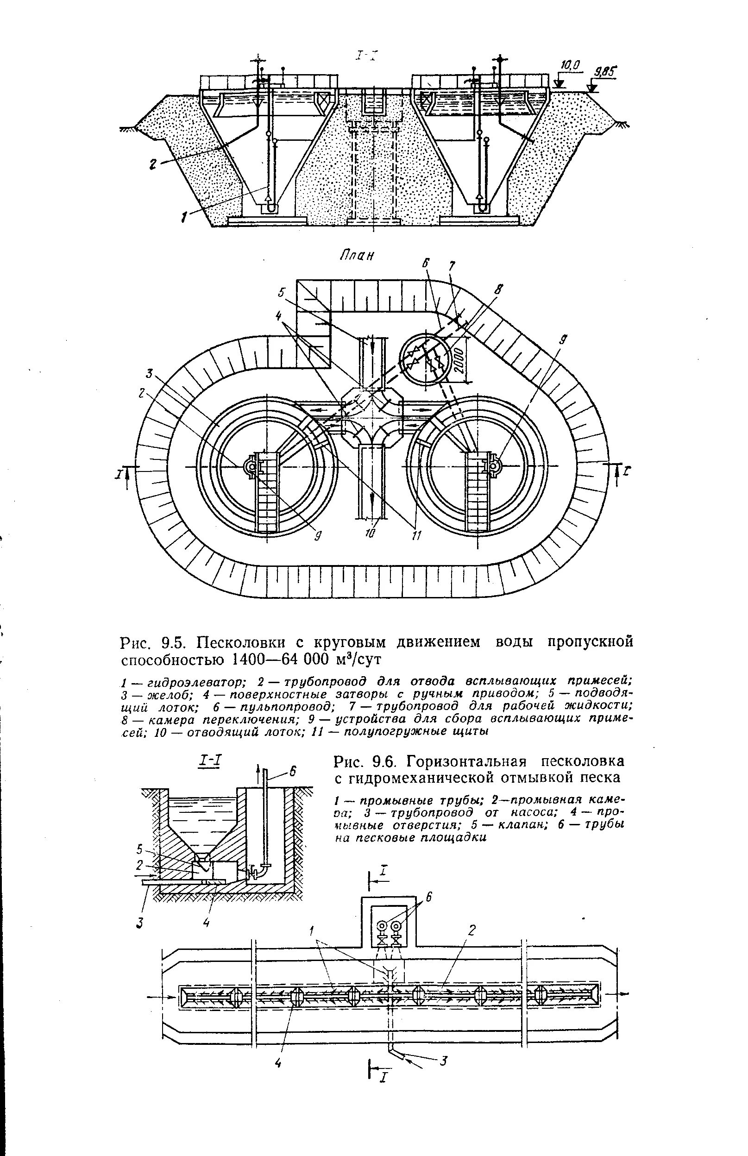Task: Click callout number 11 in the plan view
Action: point(417,535)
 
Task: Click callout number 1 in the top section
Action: point(183,218)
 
